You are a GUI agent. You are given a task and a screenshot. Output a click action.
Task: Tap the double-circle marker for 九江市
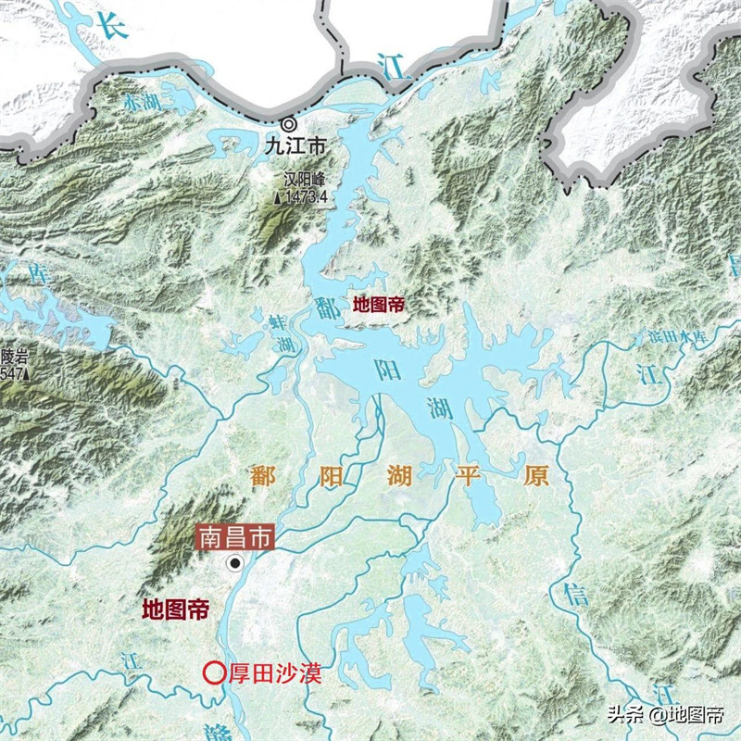pos(289,124)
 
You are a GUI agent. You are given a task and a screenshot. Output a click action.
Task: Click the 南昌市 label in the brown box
pos(233,536)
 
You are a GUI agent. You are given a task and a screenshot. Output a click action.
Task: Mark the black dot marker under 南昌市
pos(236,562)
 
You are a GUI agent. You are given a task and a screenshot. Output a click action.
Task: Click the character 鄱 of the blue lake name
pos(327,307)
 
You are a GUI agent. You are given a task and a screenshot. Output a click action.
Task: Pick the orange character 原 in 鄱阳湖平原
pos(535,476)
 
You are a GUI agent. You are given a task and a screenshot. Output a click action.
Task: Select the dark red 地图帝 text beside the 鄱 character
pos(379,303)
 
